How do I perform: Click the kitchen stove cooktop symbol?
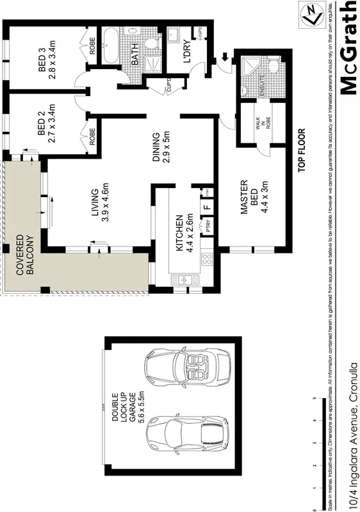point(207,260)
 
